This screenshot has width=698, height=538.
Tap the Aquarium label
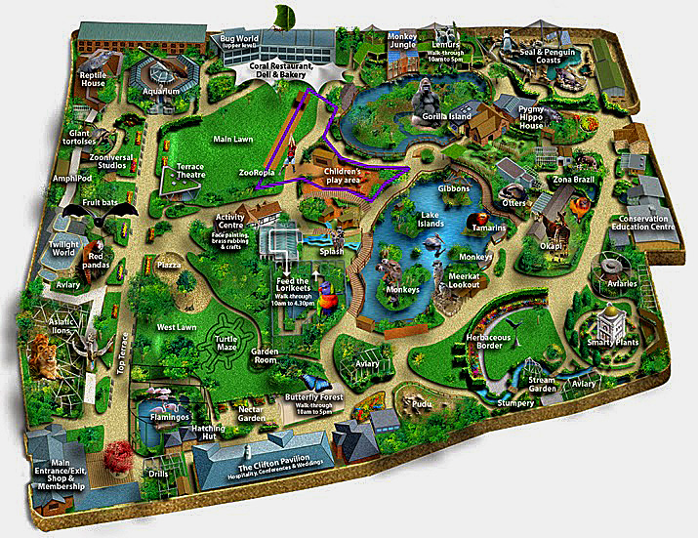[163, 92]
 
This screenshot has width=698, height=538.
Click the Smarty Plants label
[613, 343]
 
